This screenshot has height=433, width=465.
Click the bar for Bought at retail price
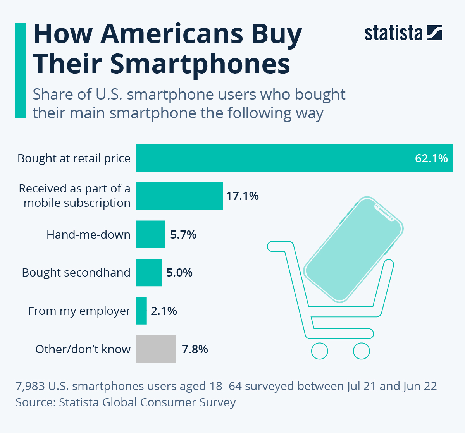[x=271, y=158]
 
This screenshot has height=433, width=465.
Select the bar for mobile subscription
[x=179, y=196]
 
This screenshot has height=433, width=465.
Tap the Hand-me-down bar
[x=150, y=234]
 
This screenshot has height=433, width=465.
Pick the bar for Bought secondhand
[x=148, y=273]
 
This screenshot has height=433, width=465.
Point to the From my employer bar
[x=141, y=311]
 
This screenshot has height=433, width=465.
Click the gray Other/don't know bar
[x=156, y=349]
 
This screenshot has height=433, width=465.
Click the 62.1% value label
[x=431, y=158]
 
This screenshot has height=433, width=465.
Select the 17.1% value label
[x=242, y=196]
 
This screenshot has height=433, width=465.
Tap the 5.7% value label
[x=183, y=235]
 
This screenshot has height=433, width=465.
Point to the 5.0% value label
[x=179, y=273]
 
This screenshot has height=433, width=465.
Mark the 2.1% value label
[x=164, y=311]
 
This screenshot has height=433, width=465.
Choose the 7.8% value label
[x=195, y=349]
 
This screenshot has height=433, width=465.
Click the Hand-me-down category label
[x=88, y=235]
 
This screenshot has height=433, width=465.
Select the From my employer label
[x=79, y=311]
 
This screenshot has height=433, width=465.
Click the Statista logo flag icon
[x=434, y=33]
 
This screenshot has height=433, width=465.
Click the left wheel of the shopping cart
[x=320, y=351]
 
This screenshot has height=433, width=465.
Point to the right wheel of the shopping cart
[x=361, y=351]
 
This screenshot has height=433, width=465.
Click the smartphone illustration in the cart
[x=353, y=250]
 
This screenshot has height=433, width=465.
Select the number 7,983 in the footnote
[x=30, y=386]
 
